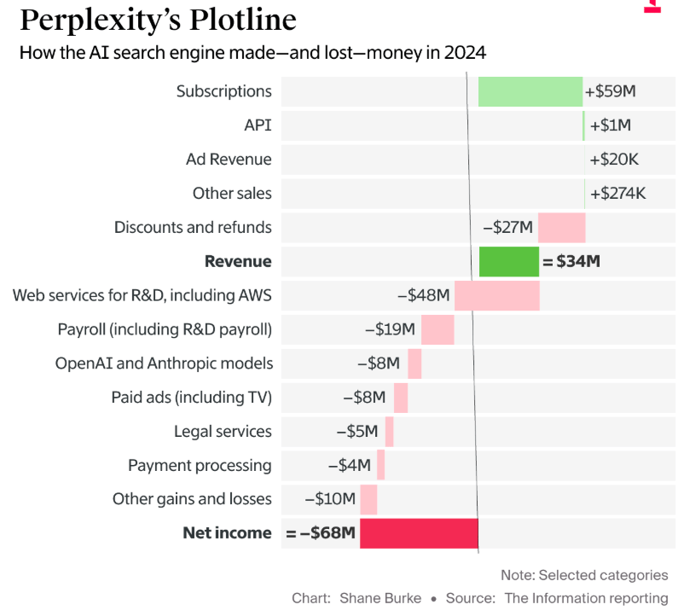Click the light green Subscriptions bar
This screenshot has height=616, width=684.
click(x=530, y=91)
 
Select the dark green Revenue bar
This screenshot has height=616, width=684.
click(x=508, y=262)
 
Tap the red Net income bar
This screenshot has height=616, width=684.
click(x=419, y=533)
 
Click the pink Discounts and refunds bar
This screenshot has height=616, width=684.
click(x=561, y=228)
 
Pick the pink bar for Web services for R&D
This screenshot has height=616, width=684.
click(x=496, y=296)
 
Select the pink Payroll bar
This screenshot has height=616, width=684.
click(x=438, y=329)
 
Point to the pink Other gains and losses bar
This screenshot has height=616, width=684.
click(x=368, y=499)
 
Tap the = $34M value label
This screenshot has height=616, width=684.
click(x=571, y=262)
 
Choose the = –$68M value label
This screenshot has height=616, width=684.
click(x=321, y=534)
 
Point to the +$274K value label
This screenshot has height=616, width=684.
click(x=617, y=194)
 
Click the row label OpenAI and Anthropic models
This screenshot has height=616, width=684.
click(x=164, y=363)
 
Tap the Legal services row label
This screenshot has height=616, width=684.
click(x=223, y=432)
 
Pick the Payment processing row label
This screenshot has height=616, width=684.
click(x=200, y=466)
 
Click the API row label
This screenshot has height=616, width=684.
click(x=258, y=125)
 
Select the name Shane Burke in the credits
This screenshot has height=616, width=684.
click(x=380, y=598)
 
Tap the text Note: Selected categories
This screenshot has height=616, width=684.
click(x=584, y=576)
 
